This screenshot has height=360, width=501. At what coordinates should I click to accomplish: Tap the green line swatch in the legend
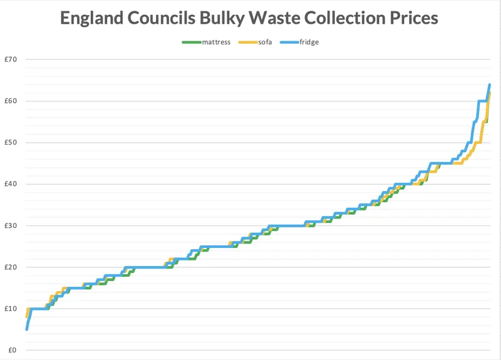(190, 43)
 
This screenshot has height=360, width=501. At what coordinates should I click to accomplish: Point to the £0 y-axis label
(12, 350)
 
